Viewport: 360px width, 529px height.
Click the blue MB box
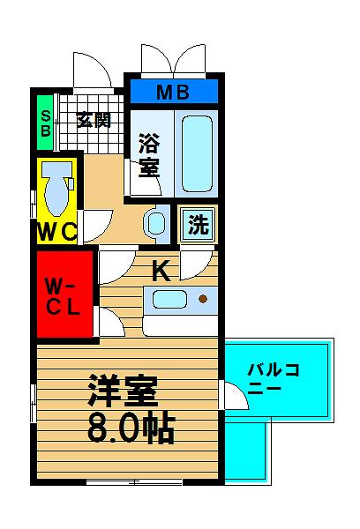174,91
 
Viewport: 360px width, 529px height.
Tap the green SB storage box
45,123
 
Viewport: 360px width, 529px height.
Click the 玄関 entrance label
94,120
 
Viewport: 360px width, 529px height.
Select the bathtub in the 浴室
198,153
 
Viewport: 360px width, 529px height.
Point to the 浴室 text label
149,155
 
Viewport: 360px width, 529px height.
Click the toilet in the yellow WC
57,187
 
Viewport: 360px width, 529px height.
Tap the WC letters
56,232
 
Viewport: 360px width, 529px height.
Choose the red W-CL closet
64,294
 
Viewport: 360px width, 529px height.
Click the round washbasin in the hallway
156,223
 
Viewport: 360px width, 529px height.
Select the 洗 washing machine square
198,224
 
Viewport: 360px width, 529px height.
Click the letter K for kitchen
161,271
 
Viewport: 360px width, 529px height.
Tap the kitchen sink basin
169,300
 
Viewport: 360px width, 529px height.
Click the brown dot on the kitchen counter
203,299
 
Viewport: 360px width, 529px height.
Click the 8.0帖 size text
131,429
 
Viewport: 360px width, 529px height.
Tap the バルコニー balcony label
274,378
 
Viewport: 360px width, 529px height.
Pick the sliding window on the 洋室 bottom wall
134,482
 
